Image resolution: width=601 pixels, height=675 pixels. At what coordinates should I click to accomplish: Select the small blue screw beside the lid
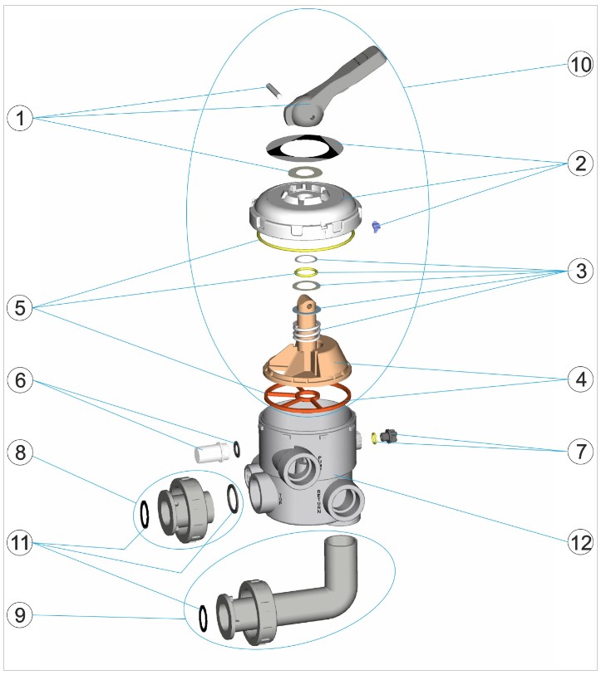point(375,225)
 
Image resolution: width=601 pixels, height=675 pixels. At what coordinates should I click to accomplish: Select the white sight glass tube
point(210,453)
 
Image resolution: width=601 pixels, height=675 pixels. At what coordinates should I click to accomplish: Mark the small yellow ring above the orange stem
point(306,272)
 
